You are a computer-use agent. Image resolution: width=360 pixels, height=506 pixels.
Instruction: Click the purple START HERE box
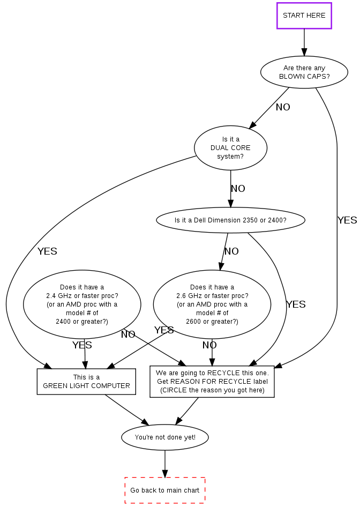click(x=304, y=16)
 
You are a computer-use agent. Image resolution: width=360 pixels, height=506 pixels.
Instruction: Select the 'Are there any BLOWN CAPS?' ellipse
click(x=304, y=72)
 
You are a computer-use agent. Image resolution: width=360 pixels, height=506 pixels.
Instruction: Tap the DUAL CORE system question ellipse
click(x=230, y=148)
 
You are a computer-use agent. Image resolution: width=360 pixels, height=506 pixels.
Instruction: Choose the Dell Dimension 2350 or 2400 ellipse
click(x=230, y=220)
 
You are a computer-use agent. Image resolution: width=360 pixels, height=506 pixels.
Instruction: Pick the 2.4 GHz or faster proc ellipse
click(x=82, y=304)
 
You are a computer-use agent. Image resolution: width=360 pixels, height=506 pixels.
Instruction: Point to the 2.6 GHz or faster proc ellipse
click(x=212, y=304)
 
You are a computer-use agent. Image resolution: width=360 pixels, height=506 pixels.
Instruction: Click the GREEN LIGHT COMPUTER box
click(x=86, y=382)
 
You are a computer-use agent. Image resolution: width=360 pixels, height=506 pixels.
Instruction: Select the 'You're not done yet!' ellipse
click(x=165, y=437)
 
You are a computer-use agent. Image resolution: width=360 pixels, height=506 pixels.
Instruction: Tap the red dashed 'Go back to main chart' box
click(x=165, y=490)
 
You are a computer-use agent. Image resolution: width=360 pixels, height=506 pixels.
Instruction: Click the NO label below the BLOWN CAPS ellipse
click(x=283, y=107)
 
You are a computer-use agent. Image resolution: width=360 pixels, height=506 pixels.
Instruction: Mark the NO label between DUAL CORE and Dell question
click(x=238, y=189)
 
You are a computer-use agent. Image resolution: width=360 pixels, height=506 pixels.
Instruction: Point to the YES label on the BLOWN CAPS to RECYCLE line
click(x=347, y=220)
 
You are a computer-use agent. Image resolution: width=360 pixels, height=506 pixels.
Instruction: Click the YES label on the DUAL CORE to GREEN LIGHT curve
click(x=47, y=251)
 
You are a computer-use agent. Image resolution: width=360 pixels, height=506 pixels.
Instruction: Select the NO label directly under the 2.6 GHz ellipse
click(x=209, y=345)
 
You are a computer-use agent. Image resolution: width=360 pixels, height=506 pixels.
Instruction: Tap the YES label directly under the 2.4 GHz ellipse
click(x=82, y=345)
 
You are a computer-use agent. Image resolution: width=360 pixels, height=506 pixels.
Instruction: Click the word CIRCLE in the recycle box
click(x=174, y=390)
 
